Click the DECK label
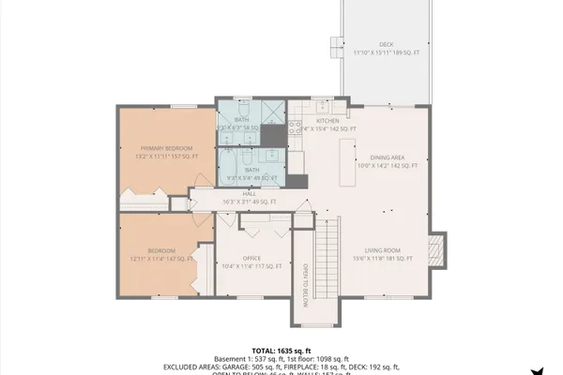pyautogui.click(x=386, y=44)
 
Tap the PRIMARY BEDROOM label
pyautogui.click(x=166, y=148)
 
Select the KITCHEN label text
pyautogui.click(x=327, y=121)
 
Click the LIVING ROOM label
pyautogui.click(x=383, y=249)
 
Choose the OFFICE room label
pyautogui.click(x=251, y=258)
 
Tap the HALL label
pyautogui.click(x=251, y=193)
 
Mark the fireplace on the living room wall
pyautogui.click(x=434, y=249)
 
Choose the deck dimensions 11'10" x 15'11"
pyautogui.click(x=373, y=52)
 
